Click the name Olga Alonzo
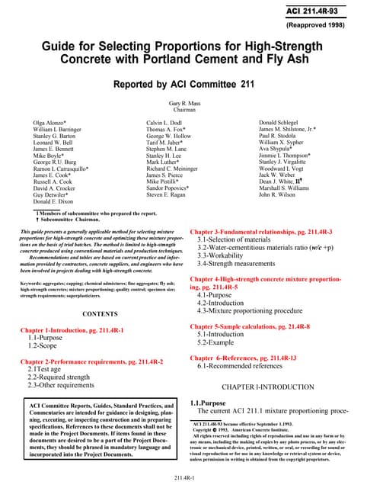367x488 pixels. [51, 122]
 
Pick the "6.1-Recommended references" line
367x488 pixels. [241, 367]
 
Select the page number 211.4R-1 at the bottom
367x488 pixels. [183, 477]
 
